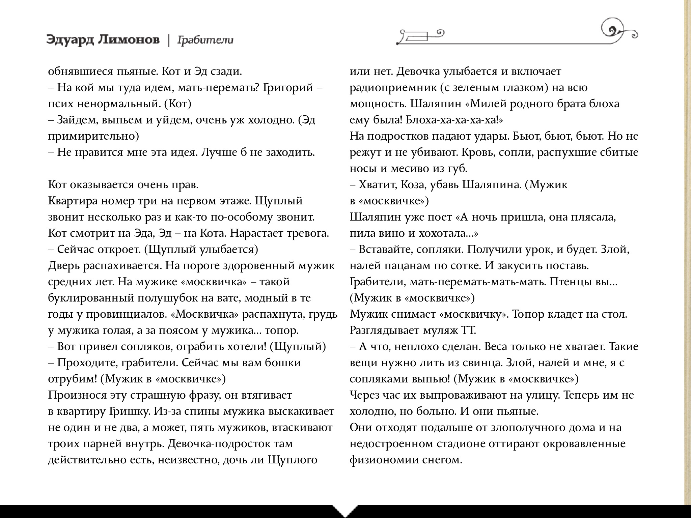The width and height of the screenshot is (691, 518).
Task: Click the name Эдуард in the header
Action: pos(69,40)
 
